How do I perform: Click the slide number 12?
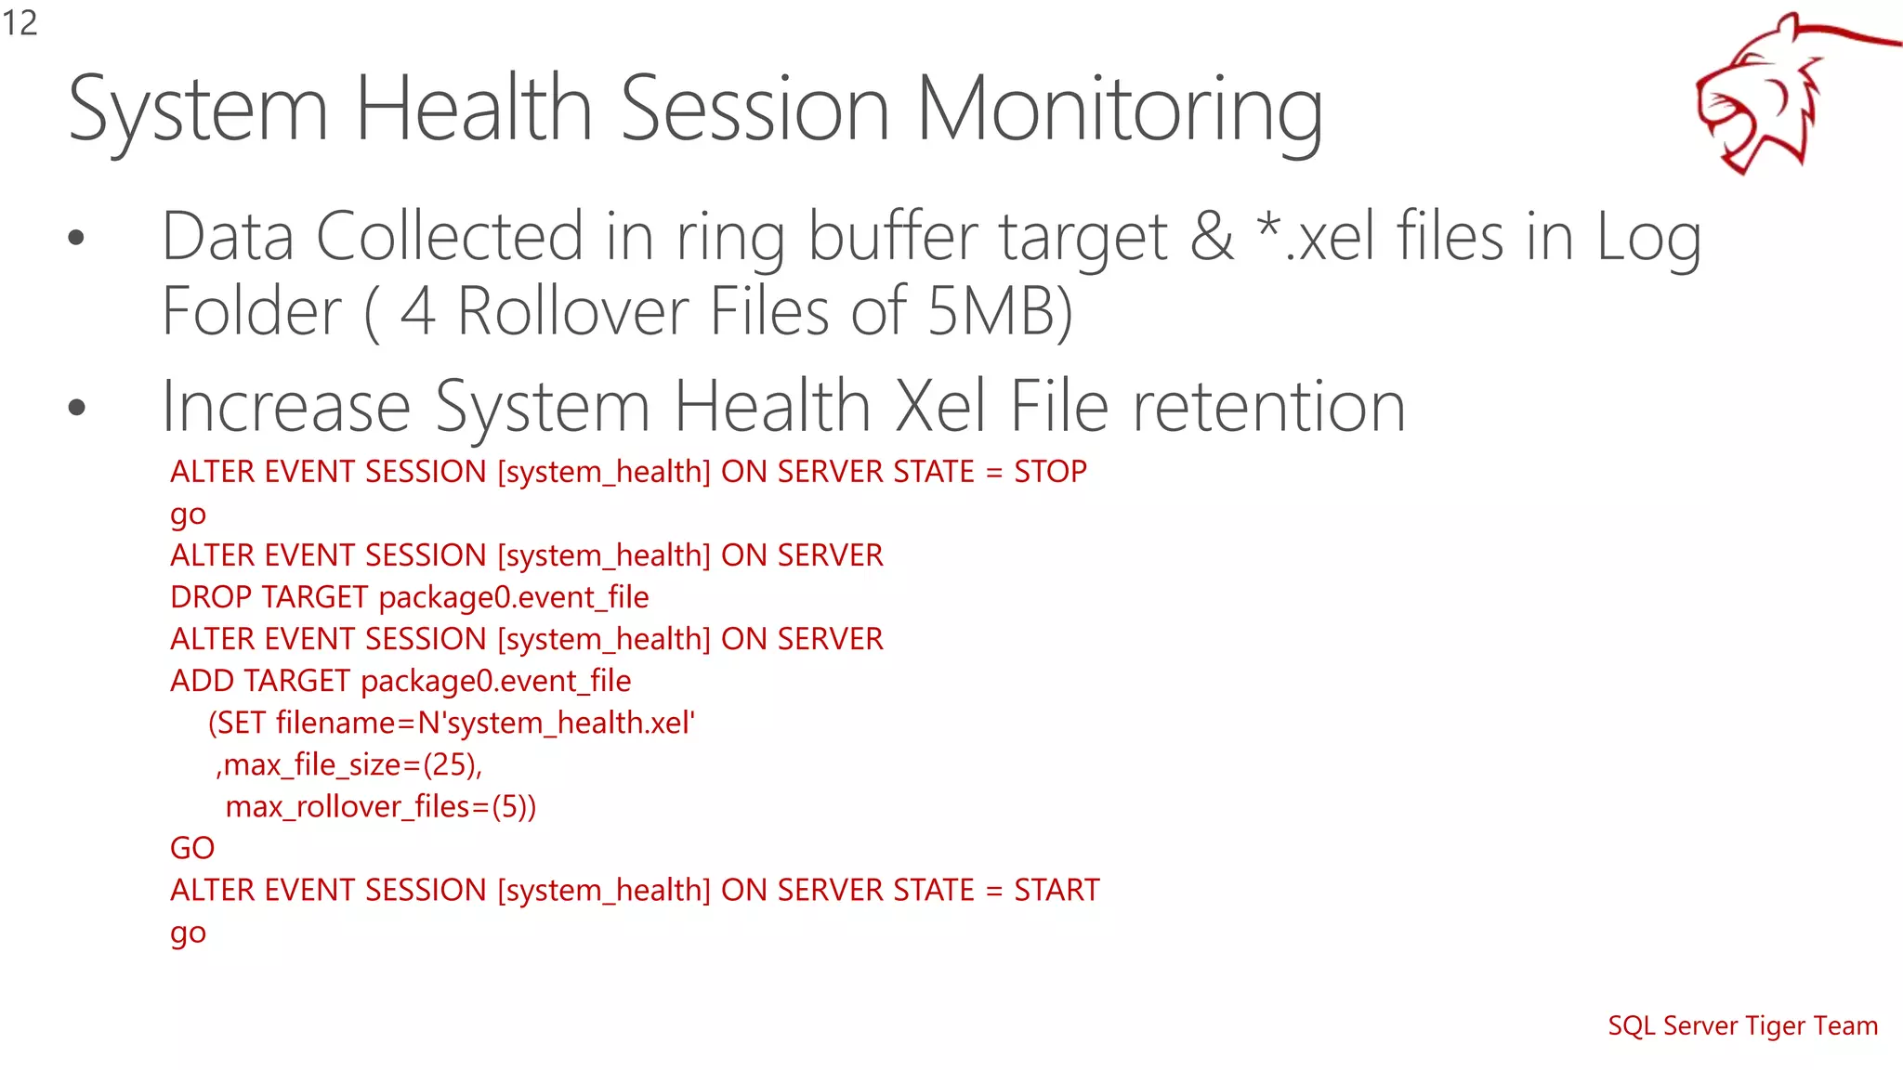click(x=20, y=23)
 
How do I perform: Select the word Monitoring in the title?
click(x=1119, y=111)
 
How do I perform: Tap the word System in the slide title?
click(x=198, y=111)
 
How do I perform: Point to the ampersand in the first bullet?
click(x=1212, y=237)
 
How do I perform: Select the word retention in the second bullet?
click(x=1268, y=407)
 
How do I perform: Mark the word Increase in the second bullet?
click(x=286, y=407)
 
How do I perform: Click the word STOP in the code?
click(x=1050, y=472)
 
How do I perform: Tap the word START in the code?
click(x=1056, y=890)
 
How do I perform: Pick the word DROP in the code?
click(x=211, y=597)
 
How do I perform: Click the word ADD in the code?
click(x=203, y=681)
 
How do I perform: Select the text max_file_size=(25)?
click(x=349, y=764)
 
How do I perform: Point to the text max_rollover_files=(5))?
click(x=380, y=806)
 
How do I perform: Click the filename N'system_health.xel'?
click(x=557, y=723)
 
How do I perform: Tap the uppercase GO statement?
click(x=192, y=848)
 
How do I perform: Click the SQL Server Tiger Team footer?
click(x=1742, y=1025)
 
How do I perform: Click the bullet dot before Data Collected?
click(x=76, y=238)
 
